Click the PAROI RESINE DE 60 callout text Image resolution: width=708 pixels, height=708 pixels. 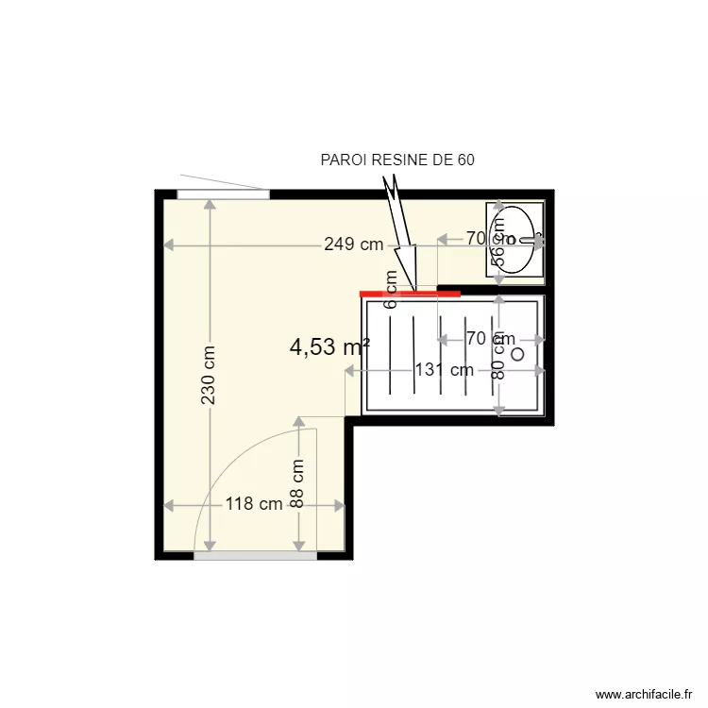(x=397, y=160)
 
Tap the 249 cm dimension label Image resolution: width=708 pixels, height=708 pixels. (x=353, y=244)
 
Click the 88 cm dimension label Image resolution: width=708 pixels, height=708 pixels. (x=298, y=484)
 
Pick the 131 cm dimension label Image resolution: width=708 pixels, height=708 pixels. (x=444, y=370)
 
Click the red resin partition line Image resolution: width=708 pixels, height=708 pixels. (x=411, y=294)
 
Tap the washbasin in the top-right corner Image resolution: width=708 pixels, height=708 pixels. (x=515, y=240)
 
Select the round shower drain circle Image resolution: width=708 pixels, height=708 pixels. (x=516, y=354)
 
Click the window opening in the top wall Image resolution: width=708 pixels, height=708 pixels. (x=223, y=194)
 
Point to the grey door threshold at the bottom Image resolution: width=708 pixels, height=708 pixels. (x=255, y=556)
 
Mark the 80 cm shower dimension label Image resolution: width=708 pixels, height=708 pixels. (x=499, y=360)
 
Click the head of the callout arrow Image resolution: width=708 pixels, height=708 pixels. (x=407, y=260)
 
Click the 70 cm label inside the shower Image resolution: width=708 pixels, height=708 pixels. (x=490, y=338)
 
